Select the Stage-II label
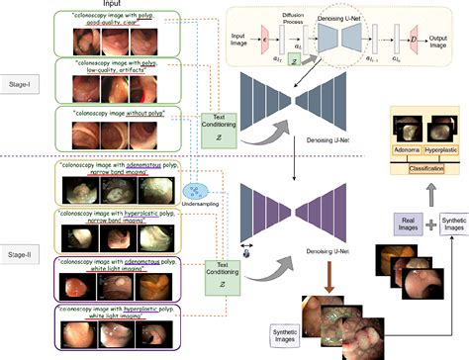tap(21, 254)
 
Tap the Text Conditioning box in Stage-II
tap(220, 270)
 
